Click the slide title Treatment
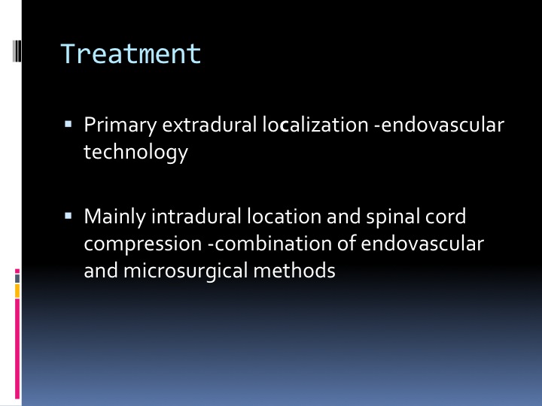coord(131,54)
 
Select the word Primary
coord(120,126)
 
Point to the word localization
coord(315,124)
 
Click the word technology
coord(135,152)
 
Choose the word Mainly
coord(114,217)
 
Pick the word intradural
coord(196,217)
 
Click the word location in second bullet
coord(284,217)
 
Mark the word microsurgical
coord(186,271)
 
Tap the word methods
coord(294,271)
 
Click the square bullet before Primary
coord(68,123)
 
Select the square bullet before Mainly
coord(68,216)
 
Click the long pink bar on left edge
coord(17,349)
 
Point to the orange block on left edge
coord(17,291)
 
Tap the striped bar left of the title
coord(17,51)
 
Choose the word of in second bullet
coord(346,244)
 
